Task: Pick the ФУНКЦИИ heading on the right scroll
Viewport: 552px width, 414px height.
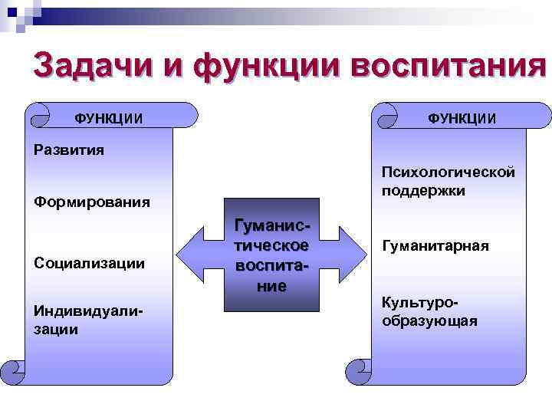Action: [x=462, y=118]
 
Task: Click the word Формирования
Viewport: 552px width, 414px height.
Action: [x=92, y=203]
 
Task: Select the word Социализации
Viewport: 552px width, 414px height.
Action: [x=90, y=263]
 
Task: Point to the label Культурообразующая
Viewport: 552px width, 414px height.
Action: [x=429, y=313]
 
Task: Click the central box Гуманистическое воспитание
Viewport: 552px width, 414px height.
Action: [x=271, y=256]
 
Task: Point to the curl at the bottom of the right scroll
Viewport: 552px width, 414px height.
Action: [x=358, y=371]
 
